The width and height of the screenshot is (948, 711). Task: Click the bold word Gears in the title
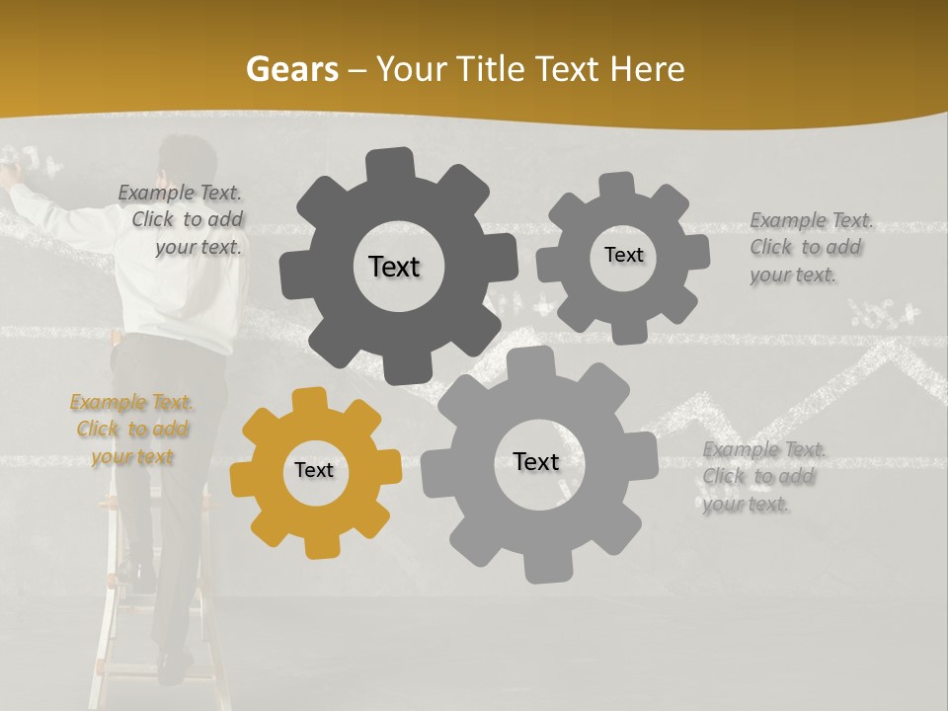point(292,69)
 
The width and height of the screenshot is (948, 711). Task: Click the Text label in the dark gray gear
point(394,267)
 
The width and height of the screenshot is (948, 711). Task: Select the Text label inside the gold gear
point(314,471)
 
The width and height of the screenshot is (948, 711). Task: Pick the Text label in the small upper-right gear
point(623,255)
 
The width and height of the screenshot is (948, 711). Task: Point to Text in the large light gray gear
point(536,461)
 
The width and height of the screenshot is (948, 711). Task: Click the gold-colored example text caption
point(131,430)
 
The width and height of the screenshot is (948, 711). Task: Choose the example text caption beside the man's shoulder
point(181,220)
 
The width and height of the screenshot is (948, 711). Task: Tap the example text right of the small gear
point(811,247)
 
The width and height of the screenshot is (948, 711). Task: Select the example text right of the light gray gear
point(763,477)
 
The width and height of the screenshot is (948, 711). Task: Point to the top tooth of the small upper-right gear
point(618,185)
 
